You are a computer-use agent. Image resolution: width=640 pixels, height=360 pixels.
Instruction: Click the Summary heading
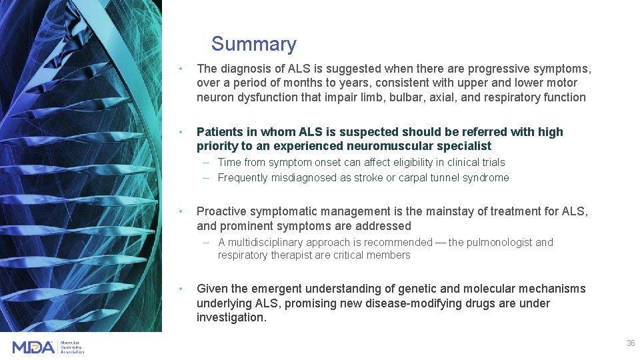253,44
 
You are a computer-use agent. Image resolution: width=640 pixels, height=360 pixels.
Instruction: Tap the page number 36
630,343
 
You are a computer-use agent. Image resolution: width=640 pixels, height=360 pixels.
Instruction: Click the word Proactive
222,211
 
